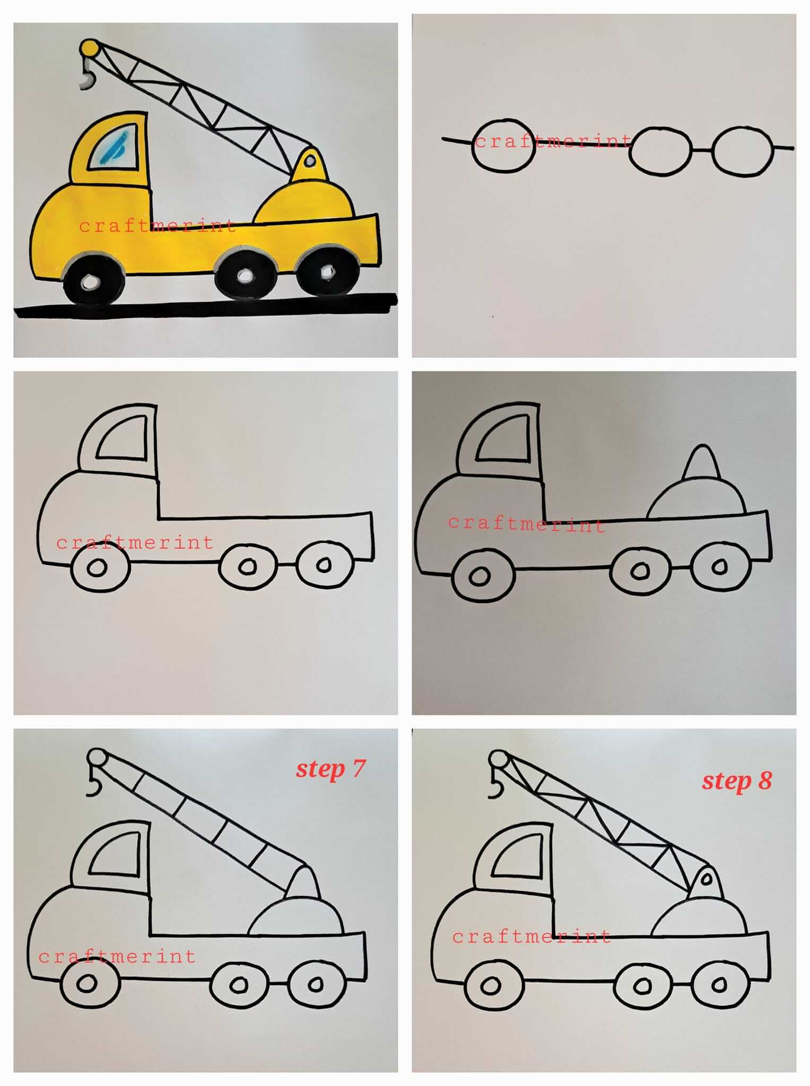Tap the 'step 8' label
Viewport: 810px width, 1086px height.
[x=737, y=781]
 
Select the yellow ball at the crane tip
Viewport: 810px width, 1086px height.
[x=89, y=48]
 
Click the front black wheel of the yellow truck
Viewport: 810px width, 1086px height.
[x=94, y=281]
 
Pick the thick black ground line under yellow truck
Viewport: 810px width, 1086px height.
[x=206, y=306]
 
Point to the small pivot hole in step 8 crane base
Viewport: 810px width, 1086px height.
[x=706, y=879]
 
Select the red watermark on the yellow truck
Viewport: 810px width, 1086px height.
[x=157, y=226]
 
